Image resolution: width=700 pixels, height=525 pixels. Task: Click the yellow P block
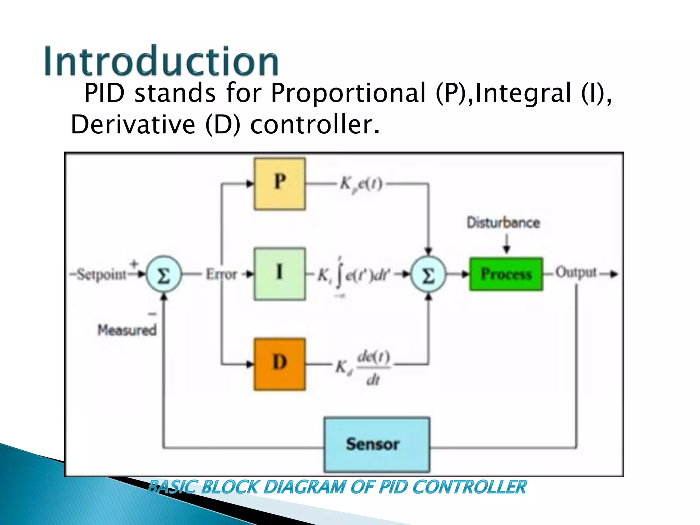[x=280, y=184]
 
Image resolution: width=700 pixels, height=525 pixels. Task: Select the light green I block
[x=280, y=274]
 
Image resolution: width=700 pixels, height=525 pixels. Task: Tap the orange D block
[x=280, y=364]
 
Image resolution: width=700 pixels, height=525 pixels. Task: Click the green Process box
[x=506, y=274]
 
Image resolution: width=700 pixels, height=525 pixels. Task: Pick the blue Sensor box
[x=377, y=444]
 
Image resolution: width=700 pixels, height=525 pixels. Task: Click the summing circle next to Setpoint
[x=164, y=274]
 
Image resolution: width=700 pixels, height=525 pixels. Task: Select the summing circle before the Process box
[x=428, y=274]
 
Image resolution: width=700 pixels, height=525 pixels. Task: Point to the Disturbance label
[x=503, y=223]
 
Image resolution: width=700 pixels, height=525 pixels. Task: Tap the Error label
[x=221, y=274]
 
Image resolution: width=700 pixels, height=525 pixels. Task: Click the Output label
[x=576, y=272]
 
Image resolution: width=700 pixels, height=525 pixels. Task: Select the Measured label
[x=127, y=330]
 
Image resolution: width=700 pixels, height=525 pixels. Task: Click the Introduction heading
[x=161, y=62]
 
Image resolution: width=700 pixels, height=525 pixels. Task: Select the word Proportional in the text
[x=348, y=93]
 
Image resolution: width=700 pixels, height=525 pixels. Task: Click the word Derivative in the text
[x=133, y=124]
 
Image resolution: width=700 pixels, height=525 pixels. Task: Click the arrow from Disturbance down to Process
[x=507, y=243]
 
